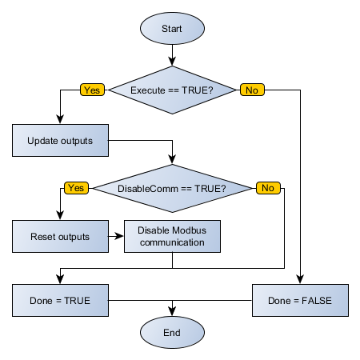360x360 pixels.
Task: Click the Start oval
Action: click(172, 28)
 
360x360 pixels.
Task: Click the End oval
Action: click(172, 332)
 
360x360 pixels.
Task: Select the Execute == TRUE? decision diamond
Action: click(172, 90)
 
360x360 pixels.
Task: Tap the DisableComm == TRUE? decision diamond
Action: click(172, 189)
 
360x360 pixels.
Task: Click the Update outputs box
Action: click(60, 141)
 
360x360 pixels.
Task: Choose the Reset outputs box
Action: click(60, 237)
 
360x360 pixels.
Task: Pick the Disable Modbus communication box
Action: click(172, 236)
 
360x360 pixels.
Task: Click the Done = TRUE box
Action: click(60, 301)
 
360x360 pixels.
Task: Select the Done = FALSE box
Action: click(300, 301)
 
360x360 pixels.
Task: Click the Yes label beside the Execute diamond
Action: click(92, 90)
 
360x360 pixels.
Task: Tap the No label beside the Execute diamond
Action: click(251, 90)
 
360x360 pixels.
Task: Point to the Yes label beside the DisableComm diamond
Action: click(76, 188)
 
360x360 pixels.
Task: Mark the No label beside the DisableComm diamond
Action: click(267, 188)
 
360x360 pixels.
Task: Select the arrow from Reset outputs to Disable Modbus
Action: click(116, 237)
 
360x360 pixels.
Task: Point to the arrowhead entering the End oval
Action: click(172, 311)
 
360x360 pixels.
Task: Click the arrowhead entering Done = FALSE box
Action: click(300, 280)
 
